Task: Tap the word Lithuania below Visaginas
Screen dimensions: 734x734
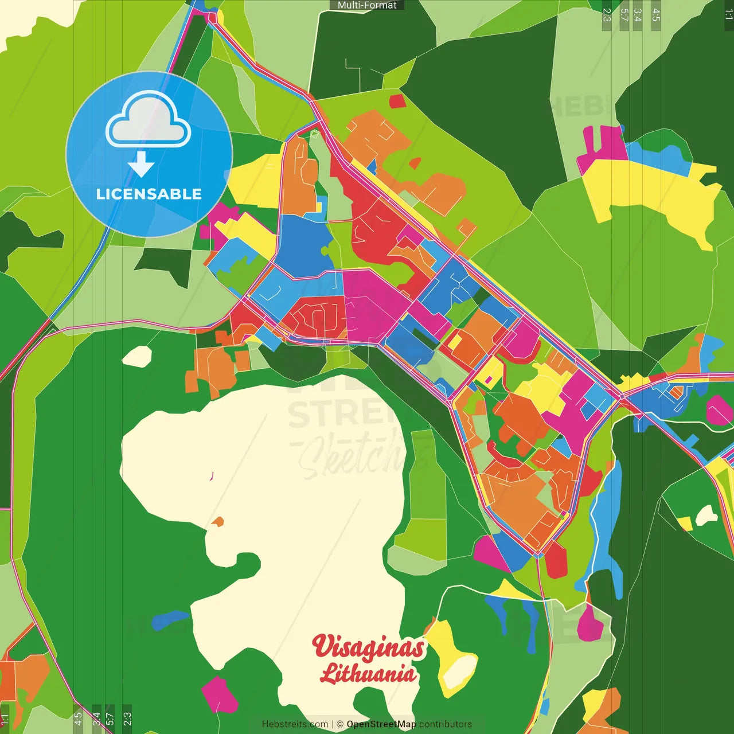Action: [368, 673]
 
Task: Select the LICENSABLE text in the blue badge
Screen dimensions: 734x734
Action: [149, 194]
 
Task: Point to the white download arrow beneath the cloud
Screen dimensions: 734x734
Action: [140, 164]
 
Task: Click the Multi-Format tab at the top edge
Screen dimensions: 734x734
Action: [367, 5]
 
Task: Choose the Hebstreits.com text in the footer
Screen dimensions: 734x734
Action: [295, 724]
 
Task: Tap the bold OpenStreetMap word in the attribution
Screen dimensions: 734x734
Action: [381, 724]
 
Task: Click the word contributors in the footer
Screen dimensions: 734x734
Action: [446, 724]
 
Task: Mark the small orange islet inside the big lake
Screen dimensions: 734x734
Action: [217, 522]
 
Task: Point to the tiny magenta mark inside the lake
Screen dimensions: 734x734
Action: [212, 475]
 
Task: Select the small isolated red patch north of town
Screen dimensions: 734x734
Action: [397, 101]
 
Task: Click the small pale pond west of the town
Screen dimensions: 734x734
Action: [137, 356]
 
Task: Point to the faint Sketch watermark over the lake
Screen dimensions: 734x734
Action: [356, 453]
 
